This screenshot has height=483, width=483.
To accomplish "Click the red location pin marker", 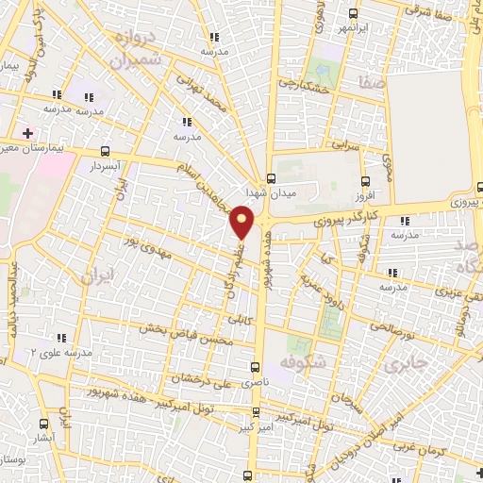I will tap(242, 223).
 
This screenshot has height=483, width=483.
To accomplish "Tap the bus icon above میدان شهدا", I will tap(271, 178).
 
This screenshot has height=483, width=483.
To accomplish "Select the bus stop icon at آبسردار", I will tap(103, 150).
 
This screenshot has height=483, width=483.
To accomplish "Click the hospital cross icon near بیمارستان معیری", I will tap(28, 132).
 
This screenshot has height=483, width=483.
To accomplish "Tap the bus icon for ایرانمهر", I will tap(353, 13).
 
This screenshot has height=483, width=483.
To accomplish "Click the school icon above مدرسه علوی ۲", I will tap(63, 338).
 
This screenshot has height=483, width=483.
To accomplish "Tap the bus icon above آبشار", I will tap(42, 425).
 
